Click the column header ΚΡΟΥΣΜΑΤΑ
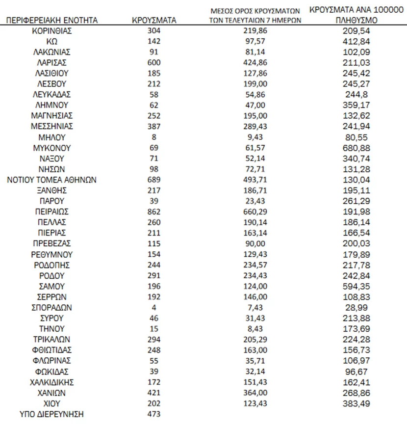(x=154, y=20)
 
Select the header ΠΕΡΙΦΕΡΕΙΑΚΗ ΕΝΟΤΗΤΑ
(x=51, y=20)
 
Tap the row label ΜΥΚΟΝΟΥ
(x=51, y=148)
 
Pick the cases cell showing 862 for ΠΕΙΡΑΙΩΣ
(x=154, y=212)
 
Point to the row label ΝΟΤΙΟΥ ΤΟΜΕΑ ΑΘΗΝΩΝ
(x=51, y=180)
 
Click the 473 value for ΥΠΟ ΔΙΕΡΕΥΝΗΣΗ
(x=154, y=414)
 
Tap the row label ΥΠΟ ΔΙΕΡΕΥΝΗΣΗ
(x=51, y=414)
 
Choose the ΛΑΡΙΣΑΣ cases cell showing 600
(x=154, y=62)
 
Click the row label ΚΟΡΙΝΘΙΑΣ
(x=51, y=30)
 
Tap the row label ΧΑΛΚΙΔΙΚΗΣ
(x=51, y=382)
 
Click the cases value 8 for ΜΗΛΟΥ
(x=154, y=137)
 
